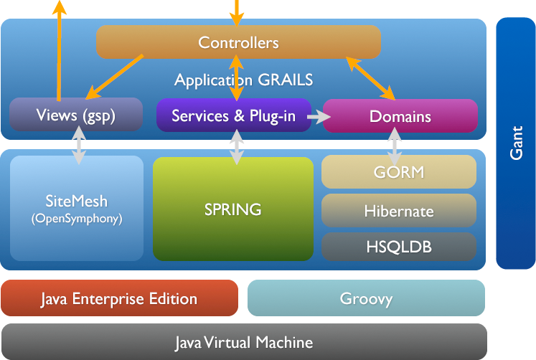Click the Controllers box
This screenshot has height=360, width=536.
238,42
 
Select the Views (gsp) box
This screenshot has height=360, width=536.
75,115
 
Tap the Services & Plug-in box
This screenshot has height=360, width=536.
233,115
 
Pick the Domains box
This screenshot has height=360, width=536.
400,116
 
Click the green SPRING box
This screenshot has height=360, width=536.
233,209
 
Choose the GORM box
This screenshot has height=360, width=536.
399,172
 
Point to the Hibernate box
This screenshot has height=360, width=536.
399,211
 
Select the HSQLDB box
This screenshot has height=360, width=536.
399,247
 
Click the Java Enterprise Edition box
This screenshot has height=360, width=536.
119,298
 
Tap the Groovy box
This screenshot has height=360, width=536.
366,298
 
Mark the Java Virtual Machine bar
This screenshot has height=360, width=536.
244,342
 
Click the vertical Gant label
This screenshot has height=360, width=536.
515,143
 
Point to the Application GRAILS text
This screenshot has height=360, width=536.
244,80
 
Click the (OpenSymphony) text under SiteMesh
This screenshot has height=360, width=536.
77,219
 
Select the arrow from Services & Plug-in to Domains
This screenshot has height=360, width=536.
317,115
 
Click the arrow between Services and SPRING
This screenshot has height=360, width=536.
237,148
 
